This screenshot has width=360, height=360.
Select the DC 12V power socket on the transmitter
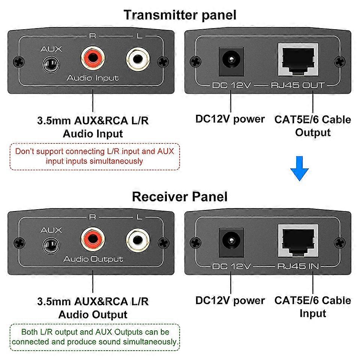pyautogui.click(x=231, y=59)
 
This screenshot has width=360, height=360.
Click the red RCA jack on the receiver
pyautogui.click(x=93, y=241)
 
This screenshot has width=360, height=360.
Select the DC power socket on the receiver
pyautogui.click(x=231, y=241)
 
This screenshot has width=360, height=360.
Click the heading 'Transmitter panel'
pyautogui.click(x=180, y=15)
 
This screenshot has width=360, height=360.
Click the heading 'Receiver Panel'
pyautogui.click(x=180, y=196)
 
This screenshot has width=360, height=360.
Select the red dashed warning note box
pyautogui.click(x=94, y=156)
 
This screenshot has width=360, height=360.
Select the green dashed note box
pyautogui.click(x=94, y=337)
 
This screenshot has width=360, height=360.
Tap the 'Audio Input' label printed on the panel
pyautogui.click(x=93, y=78)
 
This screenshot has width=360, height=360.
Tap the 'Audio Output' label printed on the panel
pyautogui.click(x=93, y=259)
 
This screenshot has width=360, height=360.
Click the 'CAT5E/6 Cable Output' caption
pyautogui.click(x=312, y=126)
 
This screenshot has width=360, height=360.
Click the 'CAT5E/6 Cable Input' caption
pyautogui.click(x=312, y=307)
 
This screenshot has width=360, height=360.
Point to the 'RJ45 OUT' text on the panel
pyautogui.click(x=297, y=85)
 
